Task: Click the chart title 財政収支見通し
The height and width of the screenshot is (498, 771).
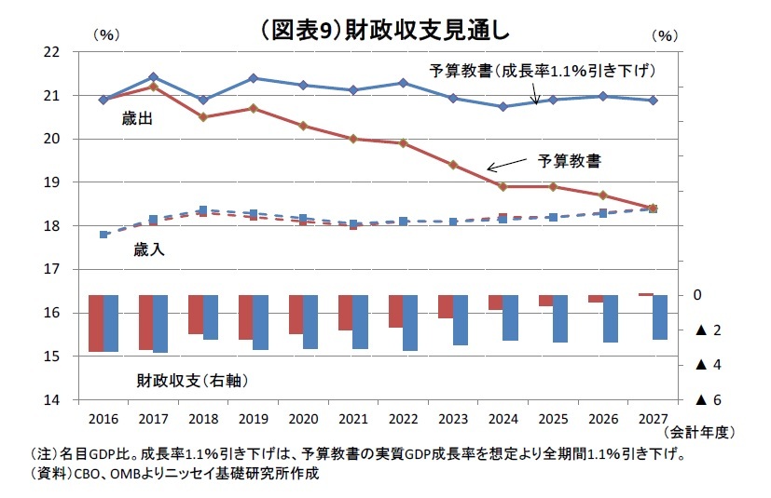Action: click(384, 30)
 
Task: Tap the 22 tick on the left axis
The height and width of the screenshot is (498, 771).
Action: click(52, 52)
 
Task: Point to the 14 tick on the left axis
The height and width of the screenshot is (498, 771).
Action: click(52, 399)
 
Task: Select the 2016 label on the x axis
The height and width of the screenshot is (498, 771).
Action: click(103, 420)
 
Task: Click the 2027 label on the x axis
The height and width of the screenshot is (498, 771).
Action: click(652, 420)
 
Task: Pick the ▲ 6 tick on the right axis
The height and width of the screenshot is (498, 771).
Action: click(709, 399)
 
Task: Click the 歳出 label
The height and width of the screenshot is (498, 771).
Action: click(137, 120)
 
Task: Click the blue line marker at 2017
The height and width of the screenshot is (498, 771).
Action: click(153, 76)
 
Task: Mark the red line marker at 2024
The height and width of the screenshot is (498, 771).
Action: click(503, 186)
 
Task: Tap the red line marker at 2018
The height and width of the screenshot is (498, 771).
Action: click(203, 117)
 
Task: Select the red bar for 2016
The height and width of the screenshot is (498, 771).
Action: click(95, 323)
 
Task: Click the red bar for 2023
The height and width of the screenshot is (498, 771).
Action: click(446, 306)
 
